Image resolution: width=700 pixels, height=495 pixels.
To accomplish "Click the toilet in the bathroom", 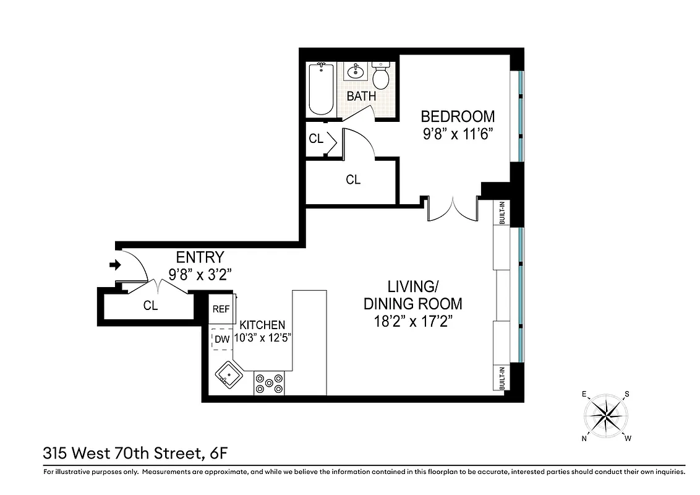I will click(380, 77).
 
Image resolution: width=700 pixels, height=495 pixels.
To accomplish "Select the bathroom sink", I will click(356, 72).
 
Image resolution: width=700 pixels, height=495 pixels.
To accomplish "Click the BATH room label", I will click(362, 97).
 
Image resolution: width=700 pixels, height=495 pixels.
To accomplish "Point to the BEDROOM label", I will click(458, 116).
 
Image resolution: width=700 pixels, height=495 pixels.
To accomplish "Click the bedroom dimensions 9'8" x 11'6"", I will click(457, 134).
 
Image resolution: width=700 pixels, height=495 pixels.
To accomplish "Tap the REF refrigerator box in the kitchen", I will click(221, 309).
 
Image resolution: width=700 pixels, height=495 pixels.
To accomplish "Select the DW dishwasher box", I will click(222, 339).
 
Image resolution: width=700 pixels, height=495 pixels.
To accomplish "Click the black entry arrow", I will click(114, 265).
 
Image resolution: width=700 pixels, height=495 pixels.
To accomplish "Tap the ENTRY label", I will click(200, 257).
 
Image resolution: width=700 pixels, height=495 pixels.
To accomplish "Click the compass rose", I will click(605, 415).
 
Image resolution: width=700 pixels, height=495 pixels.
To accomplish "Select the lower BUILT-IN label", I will click(502, 379).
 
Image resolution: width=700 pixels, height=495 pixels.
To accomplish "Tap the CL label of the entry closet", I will click(150, 306).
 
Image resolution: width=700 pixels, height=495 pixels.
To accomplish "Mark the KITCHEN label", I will click(262, 325).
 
